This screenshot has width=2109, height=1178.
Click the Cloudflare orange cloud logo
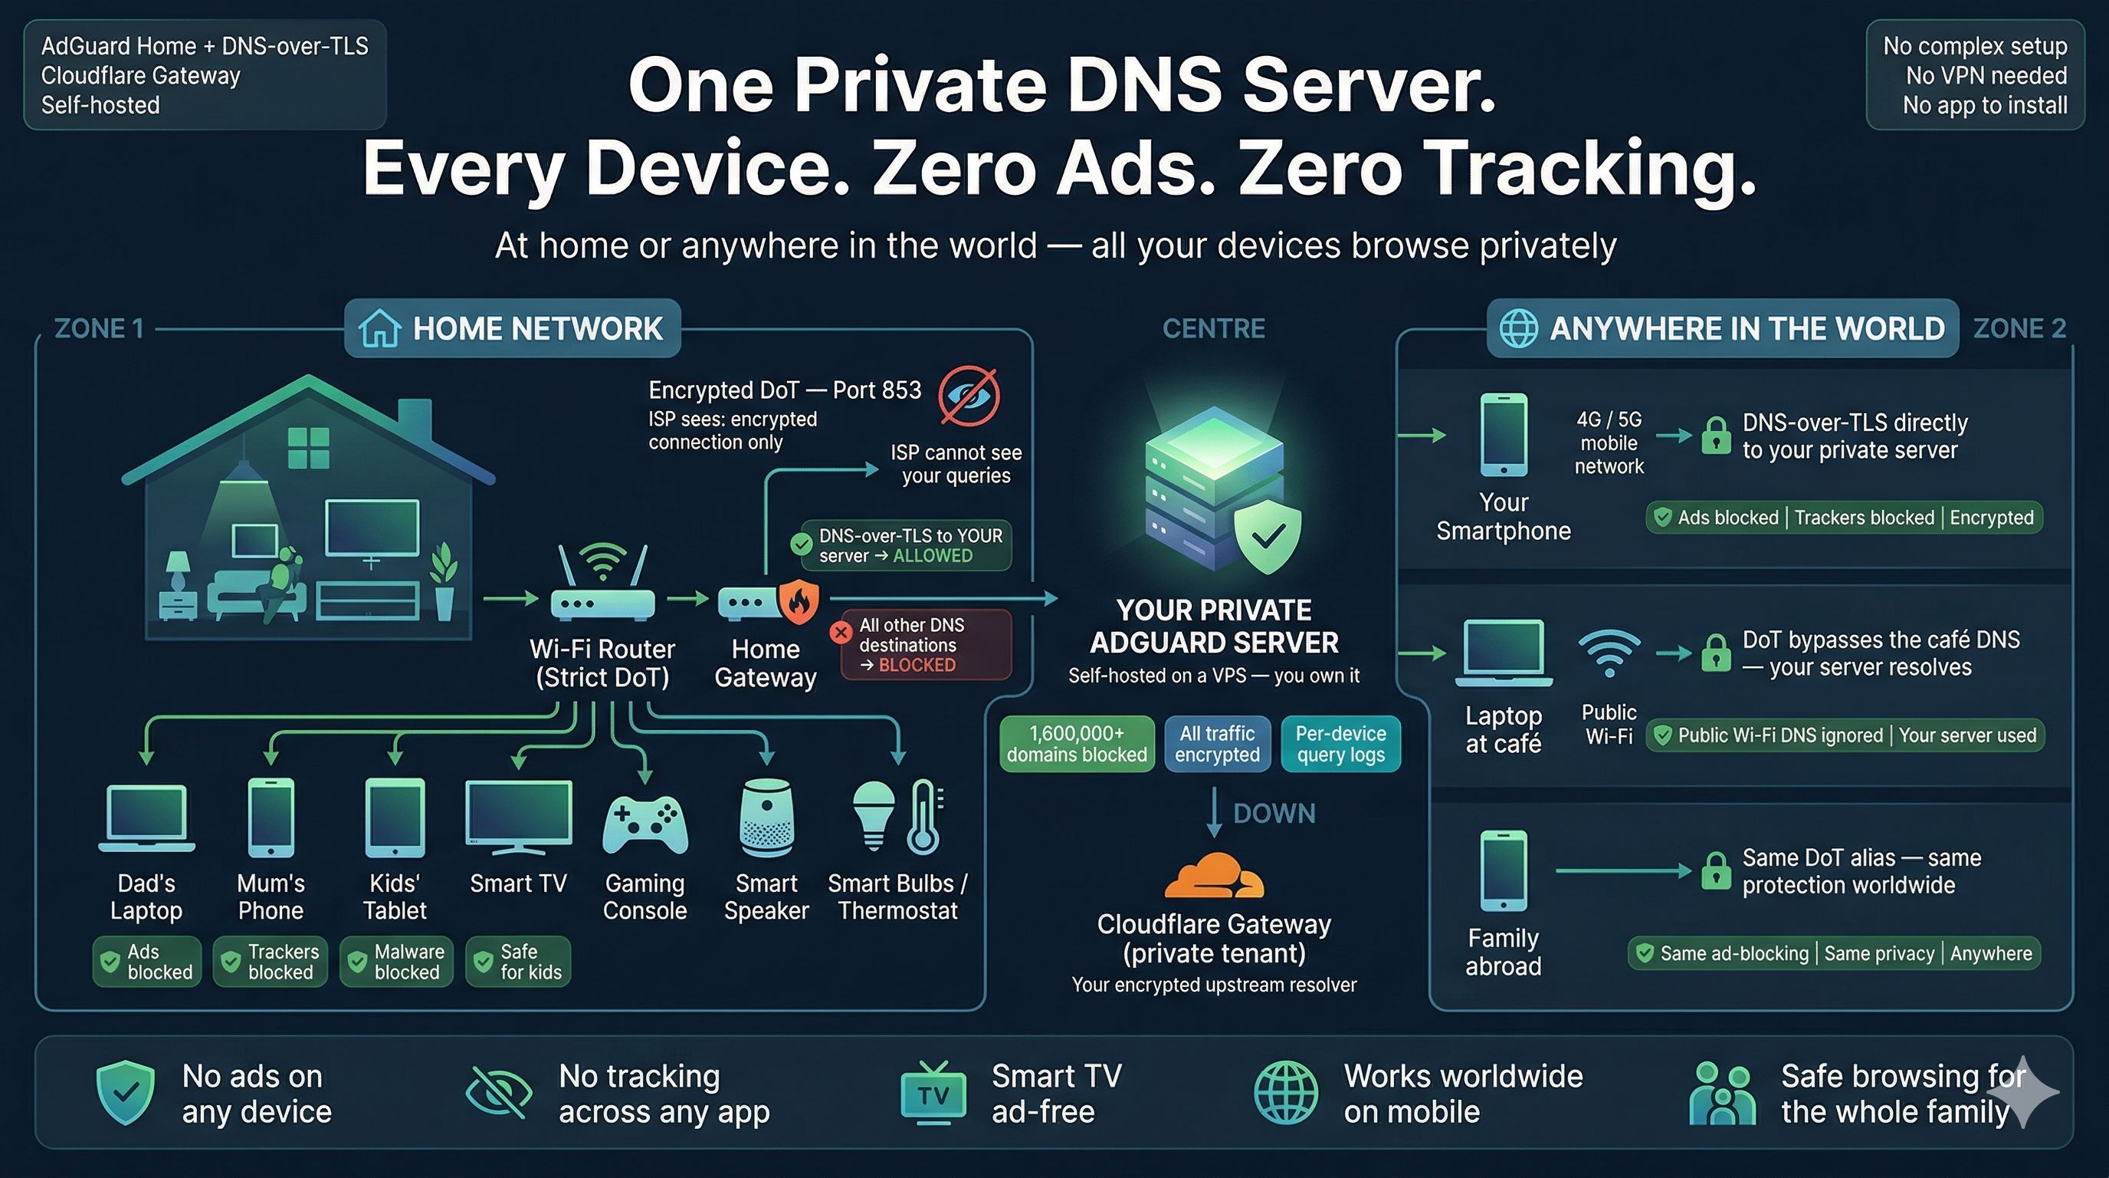pyautogui.click(x=1213, y=877)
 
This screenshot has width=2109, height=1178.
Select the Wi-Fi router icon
pyautogui.click(x=602, y=587)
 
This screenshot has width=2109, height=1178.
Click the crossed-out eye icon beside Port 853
pyautogui.click(x=969, y=396)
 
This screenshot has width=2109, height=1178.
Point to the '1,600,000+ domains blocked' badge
pyautogui.click(x=1077, y=744)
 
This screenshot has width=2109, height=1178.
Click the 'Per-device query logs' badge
pyautogui.click(x=1340, y=744)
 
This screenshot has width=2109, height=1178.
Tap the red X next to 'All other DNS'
pyautogui.click(x=841, y=633)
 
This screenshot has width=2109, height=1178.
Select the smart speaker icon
pyautogui.click(x=766, y=818)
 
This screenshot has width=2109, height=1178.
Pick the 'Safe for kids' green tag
pyautogui.click(x=518, y=962)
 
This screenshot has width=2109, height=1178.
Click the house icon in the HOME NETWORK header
pyautogui.click(x=380, y=328)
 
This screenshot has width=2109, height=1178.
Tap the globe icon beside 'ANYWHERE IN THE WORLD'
pyautogui.click(x=1518, y=328)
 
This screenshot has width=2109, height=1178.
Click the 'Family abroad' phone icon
pyautogui.click(x=1503, y=870)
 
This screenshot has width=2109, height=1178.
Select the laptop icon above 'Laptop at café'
pyautogui.click(x=1503, y=652)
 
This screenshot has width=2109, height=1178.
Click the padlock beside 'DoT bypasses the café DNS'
pyautogui.click(x=1716, y=653)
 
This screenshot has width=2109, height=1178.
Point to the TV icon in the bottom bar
pyautogui.click(x=933, y=1093)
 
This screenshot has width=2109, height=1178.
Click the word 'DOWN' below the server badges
pyautogui.click(x=1274, y=814)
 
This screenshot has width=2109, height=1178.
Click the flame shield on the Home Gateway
pyautogui.click(x=799, y=601)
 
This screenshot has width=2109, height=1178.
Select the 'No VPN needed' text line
pyautogui.click(x=1986, y=75)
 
